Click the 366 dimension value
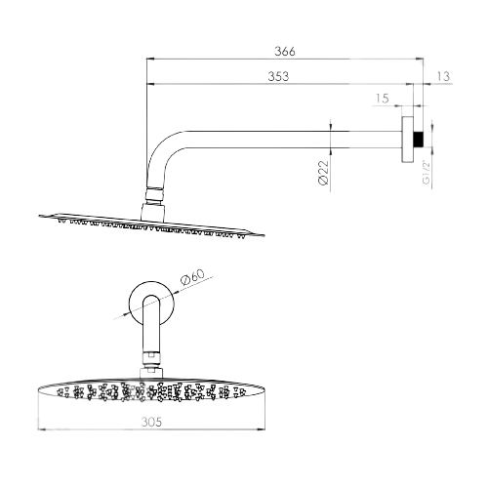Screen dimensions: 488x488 tap(285, 51)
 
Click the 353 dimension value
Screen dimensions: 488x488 tap(278, 76)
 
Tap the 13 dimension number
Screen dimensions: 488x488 tap(443, 76)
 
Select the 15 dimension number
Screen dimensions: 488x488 tap(383, 98)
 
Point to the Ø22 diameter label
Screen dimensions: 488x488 tap(324, 173)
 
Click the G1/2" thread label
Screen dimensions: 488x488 tap(427, 172)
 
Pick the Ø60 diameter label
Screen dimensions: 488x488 tap(193, 277)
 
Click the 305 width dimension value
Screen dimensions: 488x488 tap(151, 422)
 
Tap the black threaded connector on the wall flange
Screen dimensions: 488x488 tap(419, 140)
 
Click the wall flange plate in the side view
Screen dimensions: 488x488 tap(408, 139)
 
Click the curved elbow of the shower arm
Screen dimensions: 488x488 tap(159, 148)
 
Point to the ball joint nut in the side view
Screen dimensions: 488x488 tap(153, 195)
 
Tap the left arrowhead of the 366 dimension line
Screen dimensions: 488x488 tap(150, 59)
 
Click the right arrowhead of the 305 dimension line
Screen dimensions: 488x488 tap(261, 429)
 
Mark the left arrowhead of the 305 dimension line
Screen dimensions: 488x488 tap(42, 429)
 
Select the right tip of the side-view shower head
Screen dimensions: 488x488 tap(264, 235)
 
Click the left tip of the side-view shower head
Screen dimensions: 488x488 tap(39, 216)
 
